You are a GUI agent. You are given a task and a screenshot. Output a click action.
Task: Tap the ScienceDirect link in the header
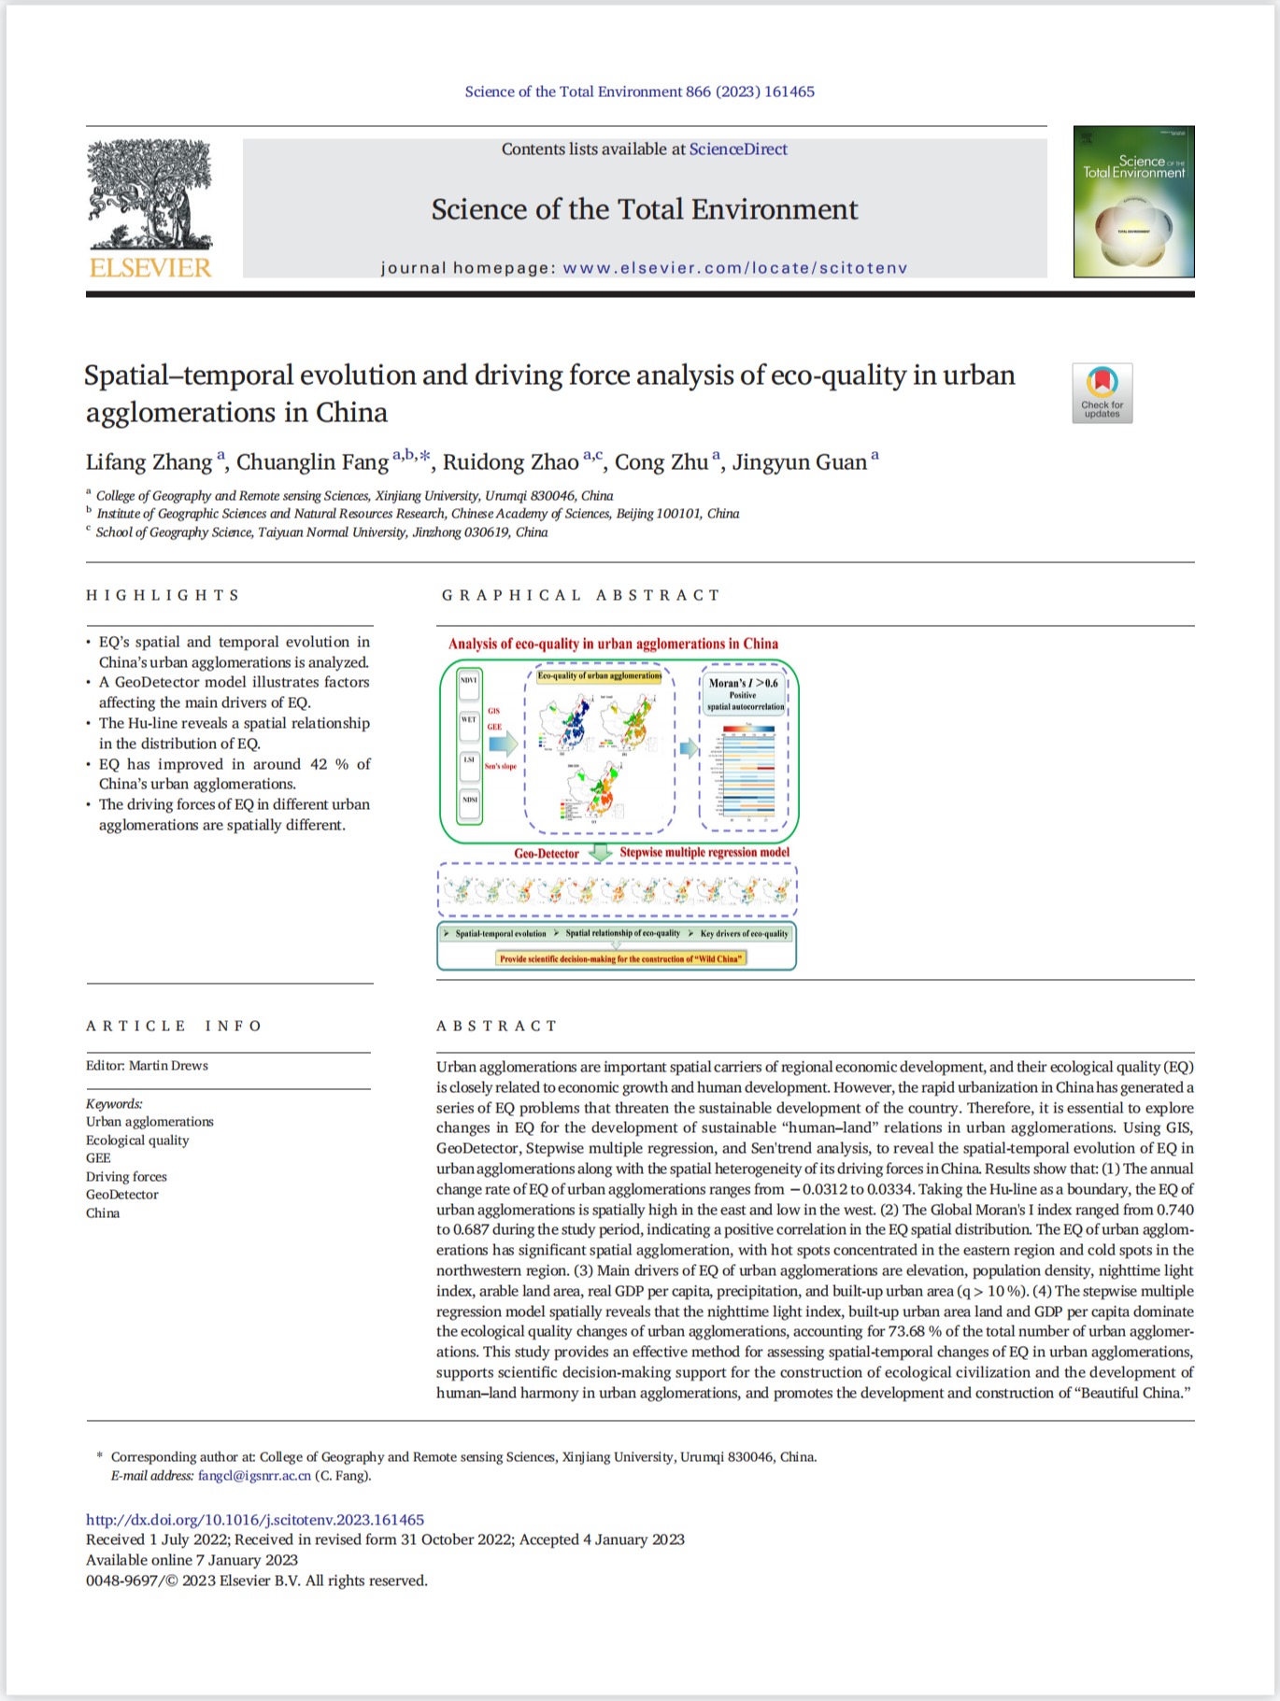(x=738, y=149)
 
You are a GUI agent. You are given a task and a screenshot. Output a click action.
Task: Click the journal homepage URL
(x=735, y=268)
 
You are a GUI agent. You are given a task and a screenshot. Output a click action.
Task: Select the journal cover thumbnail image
(x=1133, y=202)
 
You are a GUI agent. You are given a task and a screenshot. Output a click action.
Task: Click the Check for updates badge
(x=1102, y=393)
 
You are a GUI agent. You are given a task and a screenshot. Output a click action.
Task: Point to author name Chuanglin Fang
(x=312, y=462)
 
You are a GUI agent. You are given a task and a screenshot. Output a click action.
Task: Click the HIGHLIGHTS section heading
(x=164, y=595)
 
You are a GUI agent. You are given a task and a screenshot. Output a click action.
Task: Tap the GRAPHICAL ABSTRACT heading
(x=580, y=595)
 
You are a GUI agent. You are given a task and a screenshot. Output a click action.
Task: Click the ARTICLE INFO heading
(x=174, y=1026)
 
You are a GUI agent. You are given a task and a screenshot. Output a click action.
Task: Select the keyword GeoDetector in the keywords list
(x=122, y=1195)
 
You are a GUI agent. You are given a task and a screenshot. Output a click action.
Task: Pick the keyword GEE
(x=98, y=1158)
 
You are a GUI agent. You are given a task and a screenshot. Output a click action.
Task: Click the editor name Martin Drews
(x=168, y=1066)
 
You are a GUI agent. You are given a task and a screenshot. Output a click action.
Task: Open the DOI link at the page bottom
(x=255, y=1520)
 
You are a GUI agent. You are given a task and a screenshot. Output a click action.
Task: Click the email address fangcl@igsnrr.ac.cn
(x=254, y=1476)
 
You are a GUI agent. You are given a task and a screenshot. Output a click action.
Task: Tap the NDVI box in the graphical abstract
(x=469, y=681)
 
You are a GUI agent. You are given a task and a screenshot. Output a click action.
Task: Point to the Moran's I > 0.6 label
(x=743, y=683)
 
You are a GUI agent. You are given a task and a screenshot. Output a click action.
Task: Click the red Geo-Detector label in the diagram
(x=547, y=853)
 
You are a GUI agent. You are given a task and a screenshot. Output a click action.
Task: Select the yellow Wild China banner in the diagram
(x=620, y=958)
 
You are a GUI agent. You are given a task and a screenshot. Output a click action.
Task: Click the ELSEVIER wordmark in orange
(x=150, y=268)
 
